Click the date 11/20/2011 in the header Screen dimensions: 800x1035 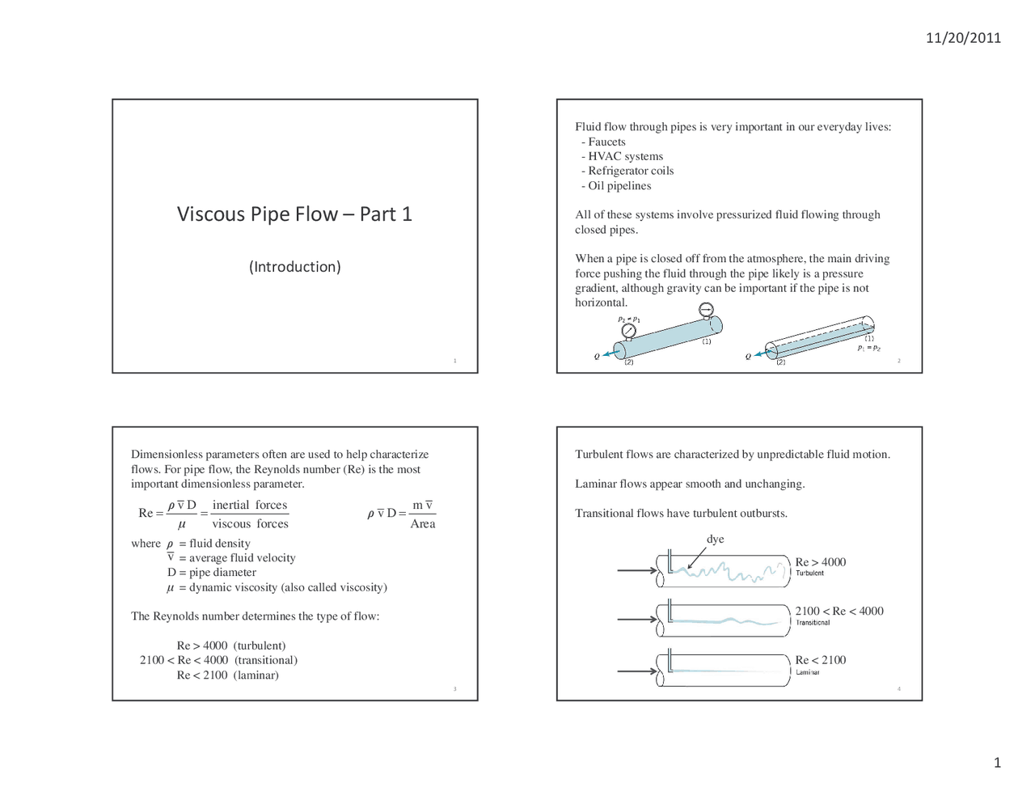click(963, 38)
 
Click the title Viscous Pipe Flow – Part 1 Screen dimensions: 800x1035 click(294, 214)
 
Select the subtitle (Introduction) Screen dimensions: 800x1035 click(294, 267)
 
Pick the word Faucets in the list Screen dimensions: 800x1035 click(606, 142)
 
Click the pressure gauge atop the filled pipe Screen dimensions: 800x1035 click(706, 310)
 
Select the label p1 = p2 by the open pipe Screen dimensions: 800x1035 click(869, 348)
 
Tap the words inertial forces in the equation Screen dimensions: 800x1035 click(250, 506)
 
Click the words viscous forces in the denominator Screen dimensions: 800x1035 click(250, 524)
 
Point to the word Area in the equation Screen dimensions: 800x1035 click(422, 524)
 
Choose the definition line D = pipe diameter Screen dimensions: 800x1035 click(212, 573)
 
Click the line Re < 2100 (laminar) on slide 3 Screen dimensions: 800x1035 click(227, 675)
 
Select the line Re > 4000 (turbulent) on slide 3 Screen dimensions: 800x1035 click(231, 646)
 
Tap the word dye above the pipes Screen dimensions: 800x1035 click(715, 540)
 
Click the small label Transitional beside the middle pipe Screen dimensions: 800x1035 click(812, 623)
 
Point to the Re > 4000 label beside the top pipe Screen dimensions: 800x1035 click(820, 562)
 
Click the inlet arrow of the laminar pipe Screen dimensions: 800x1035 click(637, 671)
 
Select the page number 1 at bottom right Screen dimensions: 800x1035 click(997, 763)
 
